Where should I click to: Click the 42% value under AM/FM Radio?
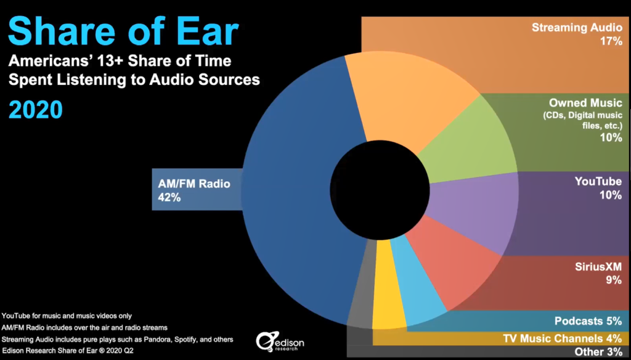coord(169,198)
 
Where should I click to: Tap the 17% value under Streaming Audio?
coord(611,41)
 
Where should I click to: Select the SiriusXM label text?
coord(598,266)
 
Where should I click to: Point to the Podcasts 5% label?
coord(588,321)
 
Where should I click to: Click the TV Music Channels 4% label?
coord(563,338)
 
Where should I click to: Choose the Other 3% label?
coord(598,351)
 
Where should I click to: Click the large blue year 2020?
coord(35,110)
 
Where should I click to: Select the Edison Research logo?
coord(280,342)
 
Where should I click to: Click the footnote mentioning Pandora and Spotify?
coord(118,340)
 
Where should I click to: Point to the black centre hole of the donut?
coord(380,190)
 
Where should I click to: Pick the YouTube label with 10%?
coord(598,188)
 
